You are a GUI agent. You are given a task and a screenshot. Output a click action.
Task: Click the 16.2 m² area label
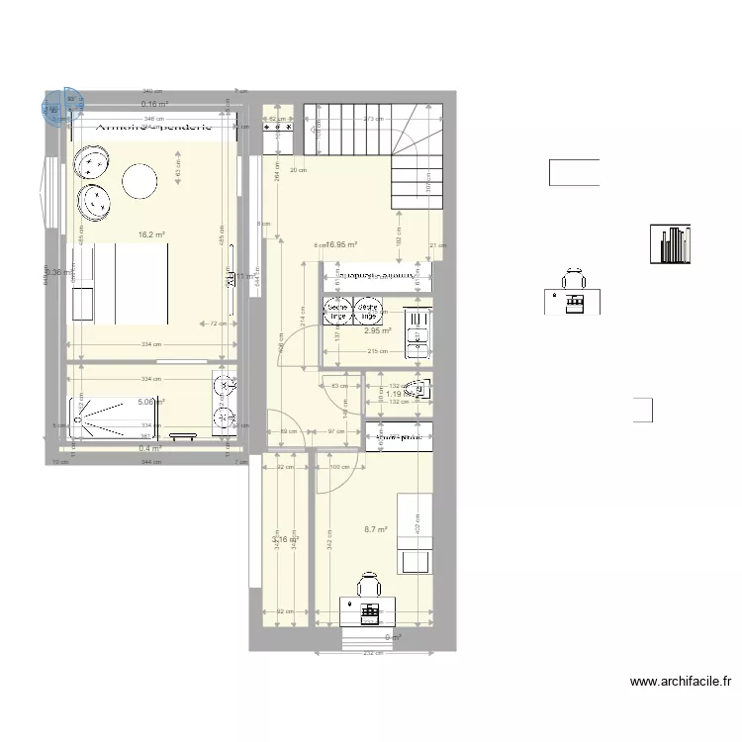click(150, 235)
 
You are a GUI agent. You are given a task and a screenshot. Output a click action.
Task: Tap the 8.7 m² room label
click(375, 529)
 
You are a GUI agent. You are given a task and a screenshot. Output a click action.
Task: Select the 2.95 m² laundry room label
click(377, 331)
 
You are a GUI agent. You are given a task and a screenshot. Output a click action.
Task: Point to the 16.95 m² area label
click(340, 244)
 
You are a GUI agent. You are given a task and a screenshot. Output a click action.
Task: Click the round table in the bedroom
click(139, 181)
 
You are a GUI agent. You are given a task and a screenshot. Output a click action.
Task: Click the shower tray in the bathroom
click(100, 416)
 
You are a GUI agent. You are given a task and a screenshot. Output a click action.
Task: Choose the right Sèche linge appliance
click(369, 312)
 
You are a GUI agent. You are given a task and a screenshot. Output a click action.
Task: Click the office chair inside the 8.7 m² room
click(368, 585)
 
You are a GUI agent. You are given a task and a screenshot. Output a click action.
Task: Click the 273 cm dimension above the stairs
click(373, 119)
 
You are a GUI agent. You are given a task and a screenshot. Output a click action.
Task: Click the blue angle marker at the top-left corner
click(56, 109)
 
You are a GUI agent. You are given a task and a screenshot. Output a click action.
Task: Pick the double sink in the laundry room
click(417, 331)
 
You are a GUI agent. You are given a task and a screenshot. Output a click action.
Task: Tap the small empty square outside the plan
click(643, 410)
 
